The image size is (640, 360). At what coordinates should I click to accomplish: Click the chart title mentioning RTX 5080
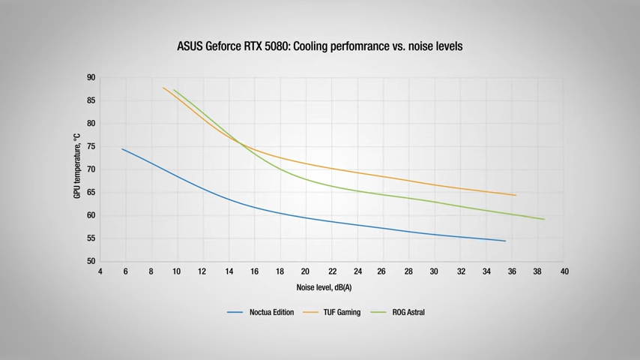319,46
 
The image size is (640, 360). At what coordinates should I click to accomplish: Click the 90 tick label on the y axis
91,77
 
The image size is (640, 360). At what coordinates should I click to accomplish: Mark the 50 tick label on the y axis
91,262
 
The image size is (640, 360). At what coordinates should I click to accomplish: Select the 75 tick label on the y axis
91,146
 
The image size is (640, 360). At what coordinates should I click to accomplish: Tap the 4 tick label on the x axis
100,271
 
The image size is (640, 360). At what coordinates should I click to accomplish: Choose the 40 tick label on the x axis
564,271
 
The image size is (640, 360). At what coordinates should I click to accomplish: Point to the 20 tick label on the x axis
306,271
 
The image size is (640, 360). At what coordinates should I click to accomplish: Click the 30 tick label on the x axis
435,271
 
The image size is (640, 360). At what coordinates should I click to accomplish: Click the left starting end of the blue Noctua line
123,149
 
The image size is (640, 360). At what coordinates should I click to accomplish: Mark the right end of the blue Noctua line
505,241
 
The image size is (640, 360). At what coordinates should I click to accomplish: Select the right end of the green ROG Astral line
544,219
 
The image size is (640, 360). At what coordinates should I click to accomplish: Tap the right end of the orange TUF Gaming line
516,195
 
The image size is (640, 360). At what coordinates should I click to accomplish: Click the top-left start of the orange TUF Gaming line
163,88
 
